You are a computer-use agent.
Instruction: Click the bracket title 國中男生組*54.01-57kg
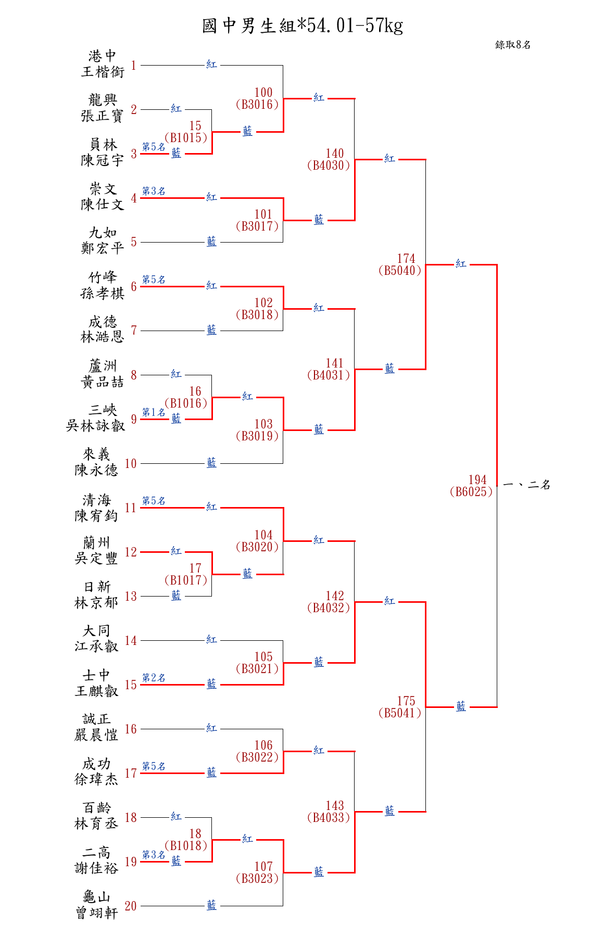302,26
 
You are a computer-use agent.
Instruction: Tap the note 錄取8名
513,45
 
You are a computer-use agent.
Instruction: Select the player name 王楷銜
103,72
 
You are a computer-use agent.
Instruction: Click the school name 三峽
103,410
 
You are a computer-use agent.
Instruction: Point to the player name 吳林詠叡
95,426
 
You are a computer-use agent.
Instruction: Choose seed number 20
131,906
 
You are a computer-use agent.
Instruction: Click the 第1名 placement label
154,412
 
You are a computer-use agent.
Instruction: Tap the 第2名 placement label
154,678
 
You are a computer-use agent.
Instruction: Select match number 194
477,479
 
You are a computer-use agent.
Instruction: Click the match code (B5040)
400,270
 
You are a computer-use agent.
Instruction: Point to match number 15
195,126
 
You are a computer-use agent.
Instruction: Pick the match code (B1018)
186,845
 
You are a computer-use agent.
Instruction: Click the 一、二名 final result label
527,485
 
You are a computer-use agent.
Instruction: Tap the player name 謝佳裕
96,868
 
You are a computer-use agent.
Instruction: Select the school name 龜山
96,897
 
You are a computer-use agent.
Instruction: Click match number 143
335,805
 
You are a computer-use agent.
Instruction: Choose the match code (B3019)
257,436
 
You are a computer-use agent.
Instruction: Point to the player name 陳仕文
103,205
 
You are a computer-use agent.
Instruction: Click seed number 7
134,331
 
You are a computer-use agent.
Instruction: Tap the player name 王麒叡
96,691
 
